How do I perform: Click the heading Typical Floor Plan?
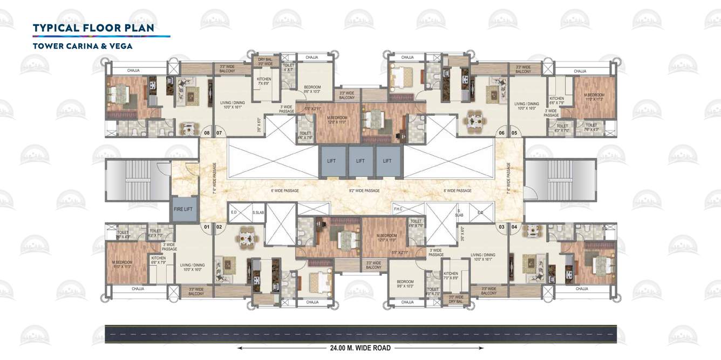pos(93,28)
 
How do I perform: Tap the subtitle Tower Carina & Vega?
pos(83,46)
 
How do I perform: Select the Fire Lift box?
pos(183,209)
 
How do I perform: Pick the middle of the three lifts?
pos(360,161)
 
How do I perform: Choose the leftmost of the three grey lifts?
pos(331,161)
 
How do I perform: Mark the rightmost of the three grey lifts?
pos(387,161)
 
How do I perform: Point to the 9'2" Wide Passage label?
pos(364,191)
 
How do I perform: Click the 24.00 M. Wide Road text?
pos(360,348)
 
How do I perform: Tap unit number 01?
pos(206,227)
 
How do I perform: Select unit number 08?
pos(206,133)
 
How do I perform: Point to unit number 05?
pos(514,133)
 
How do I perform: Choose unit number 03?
pos(501,227)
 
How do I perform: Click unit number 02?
pos(219,227)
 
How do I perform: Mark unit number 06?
pos(501,133)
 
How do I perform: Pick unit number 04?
pos(514,227)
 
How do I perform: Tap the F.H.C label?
pos(398,209)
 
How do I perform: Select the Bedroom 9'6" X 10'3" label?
pos(312,89)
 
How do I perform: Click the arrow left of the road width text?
pos(281,348)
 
